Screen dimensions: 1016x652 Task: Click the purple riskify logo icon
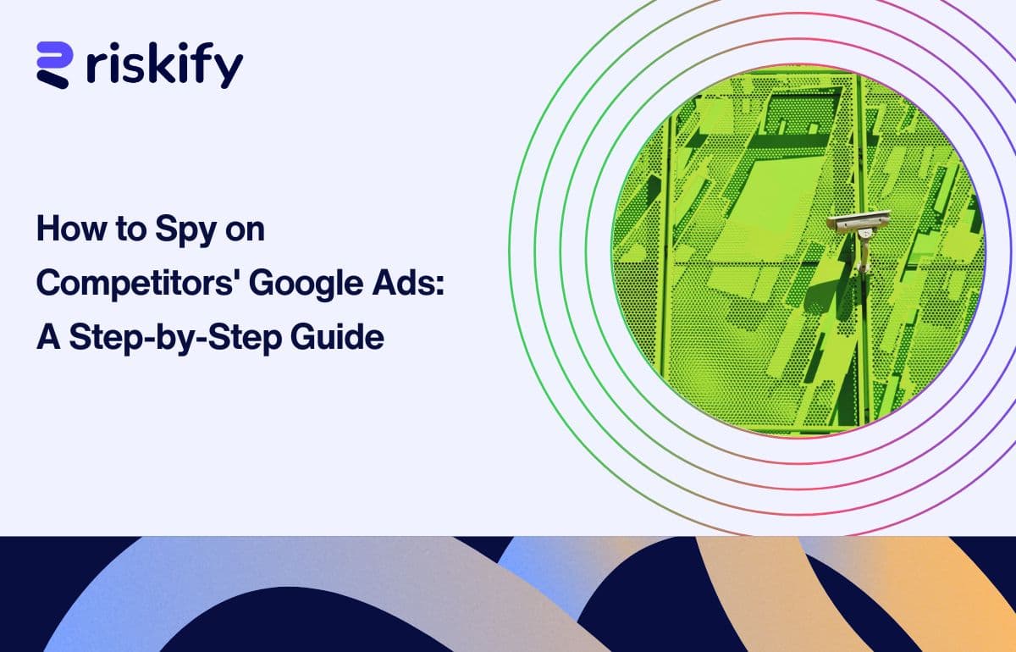tap(54, 65)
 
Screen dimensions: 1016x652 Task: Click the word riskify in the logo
tap(164, 65)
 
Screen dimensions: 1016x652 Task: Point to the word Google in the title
tap(306, 284)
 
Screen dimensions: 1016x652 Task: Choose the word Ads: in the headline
tap(408, 282)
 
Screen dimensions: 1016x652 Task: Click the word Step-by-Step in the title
tap(176, 338)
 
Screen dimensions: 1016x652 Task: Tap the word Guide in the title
tap(338, 336)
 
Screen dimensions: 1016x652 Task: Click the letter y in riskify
tap(228, 71)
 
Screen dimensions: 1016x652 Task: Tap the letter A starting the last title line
tap(48, 336)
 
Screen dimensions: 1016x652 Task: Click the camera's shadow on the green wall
tap(831, 290)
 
